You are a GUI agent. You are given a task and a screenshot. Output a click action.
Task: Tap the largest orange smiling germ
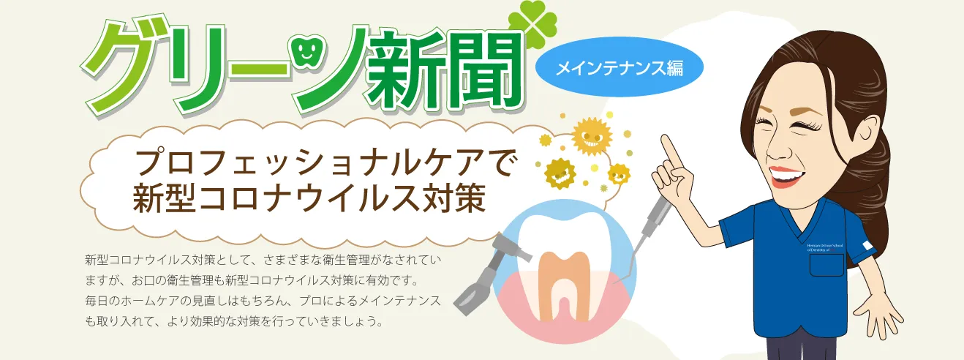coord(590,136)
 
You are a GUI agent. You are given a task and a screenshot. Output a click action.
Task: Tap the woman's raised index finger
coord(668,144)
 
